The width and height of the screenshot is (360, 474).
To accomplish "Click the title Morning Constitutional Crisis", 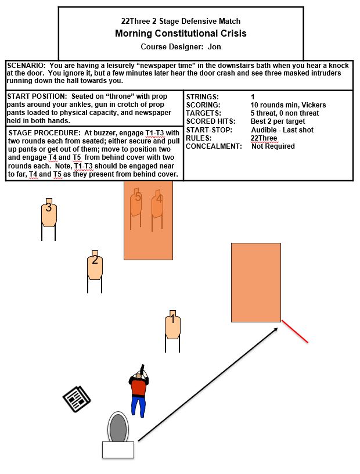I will click(181, 33).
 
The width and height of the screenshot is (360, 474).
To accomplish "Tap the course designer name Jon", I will click(214, 46).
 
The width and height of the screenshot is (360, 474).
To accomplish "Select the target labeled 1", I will click(172, 325).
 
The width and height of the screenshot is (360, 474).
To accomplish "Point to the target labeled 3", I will click(49, 213).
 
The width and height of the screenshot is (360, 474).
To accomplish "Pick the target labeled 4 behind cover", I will click(157, 206).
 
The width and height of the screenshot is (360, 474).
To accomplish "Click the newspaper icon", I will click(75, 400).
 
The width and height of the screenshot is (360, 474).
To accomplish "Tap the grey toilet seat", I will click(118, 428).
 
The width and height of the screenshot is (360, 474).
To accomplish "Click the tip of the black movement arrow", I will click(278, 328).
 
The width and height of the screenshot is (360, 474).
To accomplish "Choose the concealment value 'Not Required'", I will click(273, 146).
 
